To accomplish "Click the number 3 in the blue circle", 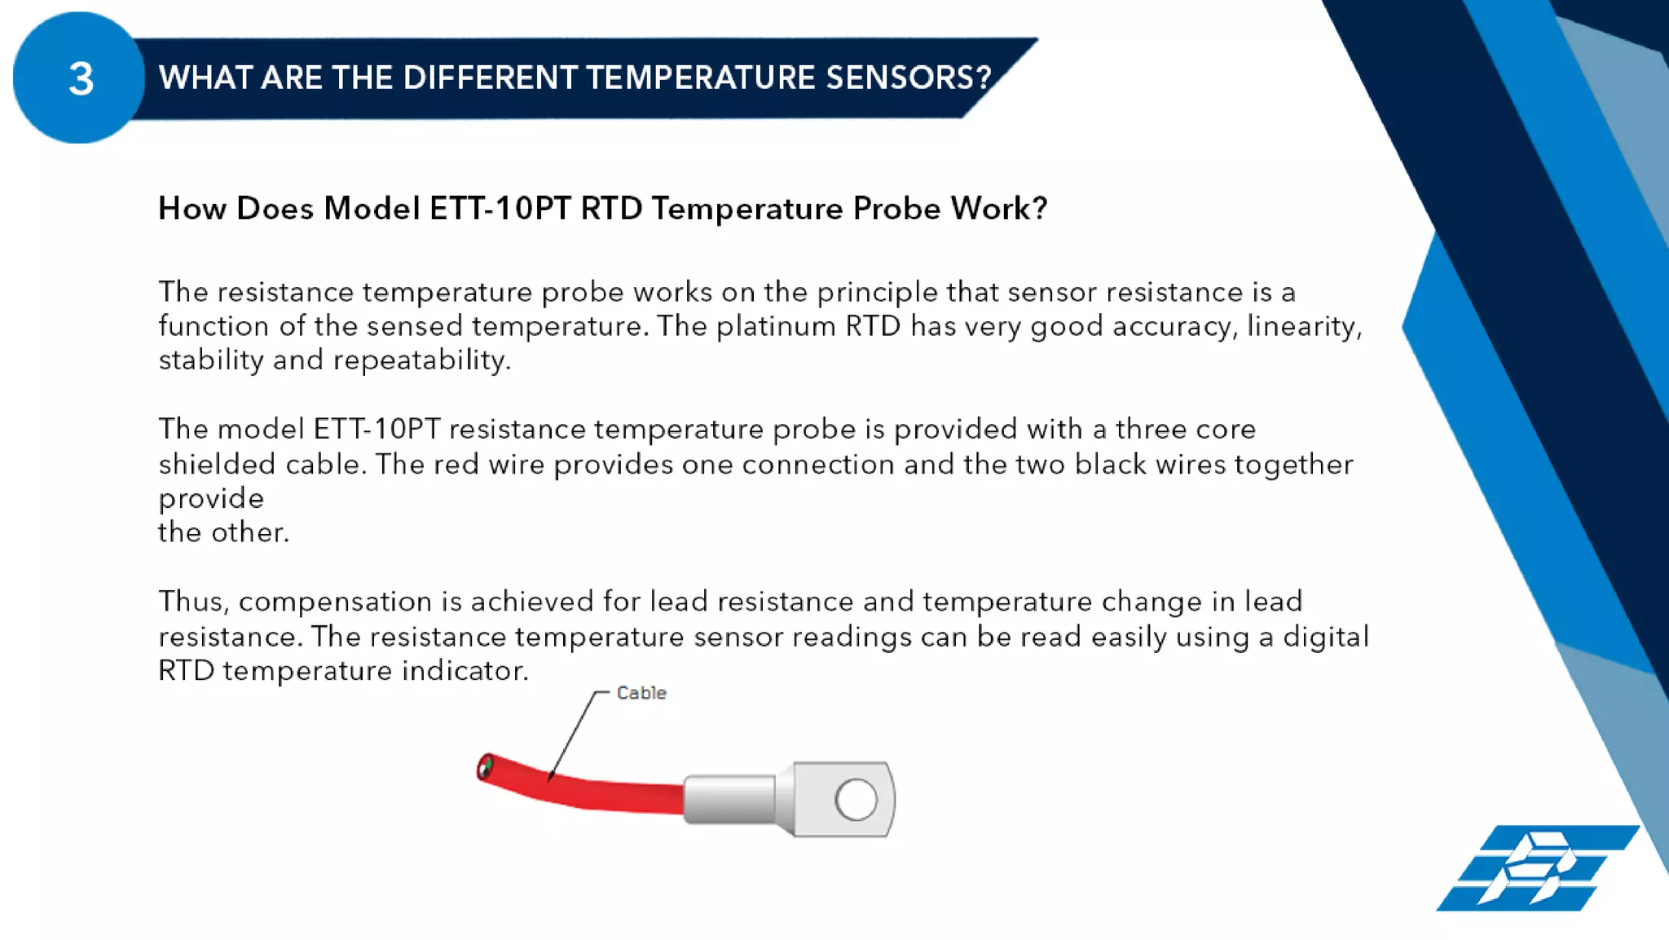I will (x=81, y=79).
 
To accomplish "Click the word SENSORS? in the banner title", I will (x=908, y=77).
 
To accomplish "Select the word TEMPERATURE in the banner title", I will (x=700, y=77).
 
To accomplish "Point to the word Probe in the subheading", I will (x=896, y=209).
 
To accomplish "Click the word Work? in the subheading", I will (x=998, y=209).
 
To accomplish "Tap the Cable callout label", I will (x=641, y=693).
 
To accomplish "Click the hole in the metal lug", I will (x=857, y=799).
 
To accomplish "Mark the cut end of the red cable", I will (x=486, y=767).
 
